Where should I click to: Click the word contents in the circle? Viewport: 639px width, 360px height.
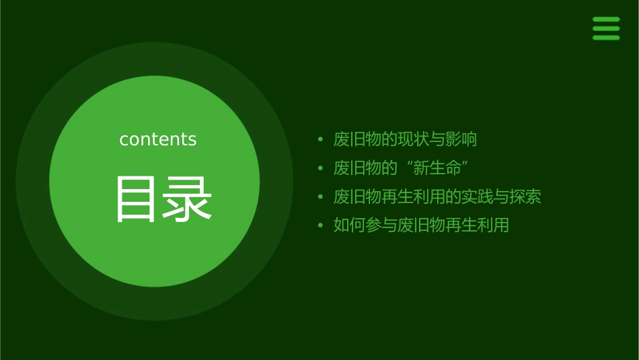point(158,139)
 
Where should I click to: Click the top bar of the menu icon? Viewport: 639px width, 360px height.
point(606,20)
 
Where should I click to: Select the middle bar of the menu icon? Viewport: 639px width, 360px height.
point(606,28)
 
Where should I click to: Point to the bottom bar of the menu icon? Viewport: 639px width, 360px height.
point(606,38)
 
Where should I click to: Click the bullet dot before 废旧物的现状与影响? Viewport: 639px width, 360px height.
point(321,140)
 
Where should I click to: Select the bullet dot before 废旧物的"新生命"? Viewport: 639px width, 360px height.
point(321,168)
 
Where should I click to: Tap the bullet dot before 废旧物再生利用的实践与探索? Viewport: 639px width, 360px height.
point(321,197)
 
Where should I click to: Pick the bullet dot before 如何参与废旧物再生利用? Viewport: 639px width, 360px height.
point(321,225)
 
